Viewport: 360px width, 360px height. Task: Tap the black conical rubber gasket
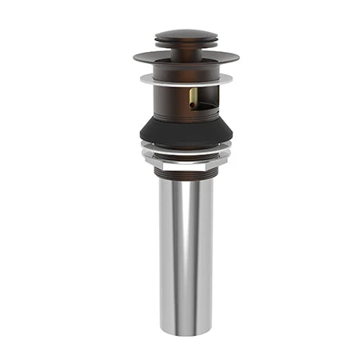(x=180, y=132)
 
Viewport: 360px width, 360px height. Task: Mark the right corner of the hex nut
(x=214, y=158)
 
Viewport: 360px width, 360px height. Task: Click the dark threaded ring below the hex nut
(x=180, y=170)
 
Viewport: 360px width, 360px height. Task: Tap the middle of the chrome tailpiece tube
(x=180, y=248)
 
